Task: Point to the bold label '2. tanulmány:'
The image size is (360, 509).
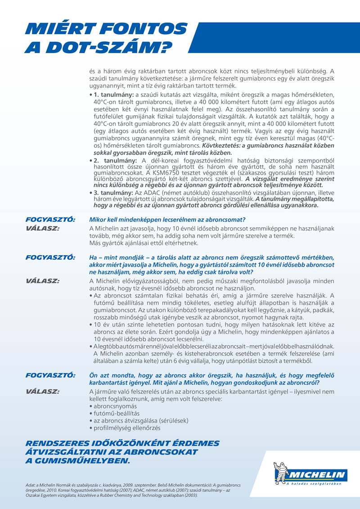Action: coord(113,161)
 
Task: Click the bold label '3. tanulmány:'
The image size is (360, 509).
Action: coord(113,193)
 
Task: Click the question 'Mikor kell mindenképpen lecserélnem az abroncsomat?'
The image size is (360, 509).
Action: coord(167,219)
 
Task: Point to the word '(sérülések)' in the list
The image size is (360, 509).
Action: coord(173,420)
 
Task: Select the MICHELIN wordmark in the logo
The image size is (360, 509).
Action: coord(317,475)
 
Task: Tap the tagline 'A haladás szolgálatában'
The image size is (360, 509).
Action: coord(314,484)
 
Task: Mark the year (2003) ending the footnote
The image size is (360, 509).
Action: coord(189,495)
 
